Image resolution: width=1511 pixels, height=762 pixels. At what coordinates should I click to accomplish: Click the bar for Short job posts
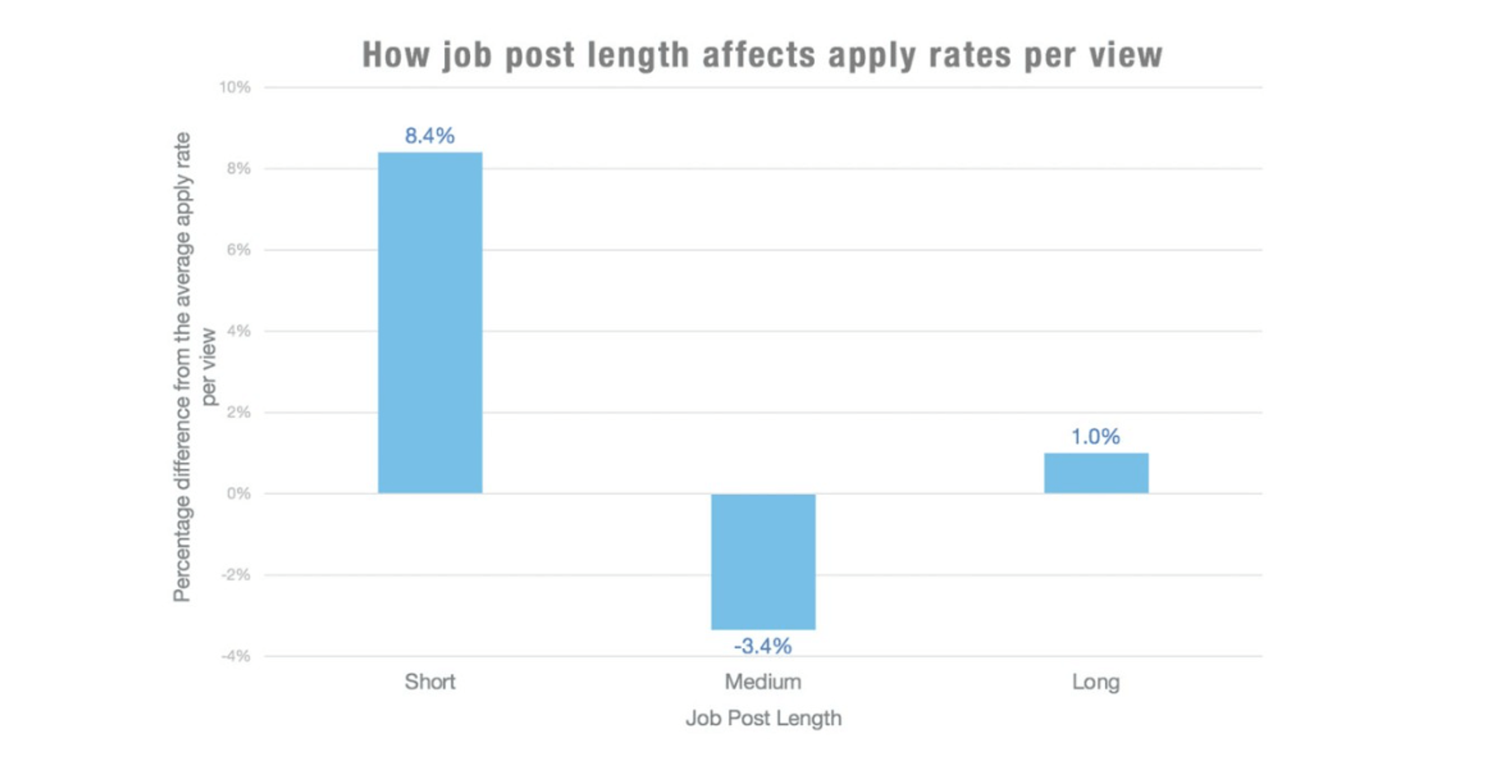pos(430,323)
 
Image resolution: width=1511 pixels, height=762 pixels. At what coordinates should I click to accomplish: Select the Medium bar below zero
pos(763,561)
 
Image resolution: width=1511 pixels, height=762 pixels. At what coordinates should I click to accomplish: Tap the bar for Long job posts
pos(1096,473)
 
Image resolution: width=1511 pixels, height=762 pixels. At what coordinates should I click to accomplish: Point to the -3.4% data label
pos(763,646)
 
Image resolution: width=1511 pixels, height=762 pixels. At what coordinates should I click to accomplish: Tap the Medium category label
pos(763,682)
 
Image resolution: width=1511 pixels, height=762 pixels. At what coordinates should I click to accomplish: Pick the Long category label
pos(1096,682)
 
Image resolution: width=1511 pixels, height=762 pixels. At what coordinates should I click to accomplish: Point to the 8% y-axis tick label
pos(238,169)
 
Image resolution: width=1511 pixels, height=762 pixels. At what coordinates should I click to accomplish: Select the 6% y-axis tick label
pos(238,250)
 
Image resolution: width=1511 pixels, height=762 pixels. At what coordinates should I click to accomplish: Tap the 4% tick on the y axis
pos(238,331)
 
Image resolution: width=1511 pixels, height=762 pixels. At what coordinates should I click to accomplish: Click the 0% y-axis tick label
pos(238,494)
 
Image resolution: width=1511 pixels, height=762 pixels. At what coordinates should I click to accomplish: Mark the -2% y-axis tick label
pos(236,575)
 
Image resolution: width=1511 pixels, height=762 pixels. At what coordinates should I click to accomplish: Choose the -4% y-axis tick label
pos(236,656)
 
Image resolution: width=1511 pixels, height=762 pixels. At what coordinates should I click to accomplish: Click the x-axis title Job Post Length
pos(763,718)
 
